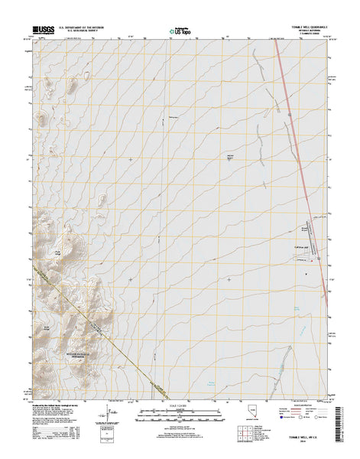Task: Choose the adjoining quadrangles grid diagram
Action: [x=248, y=435]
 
